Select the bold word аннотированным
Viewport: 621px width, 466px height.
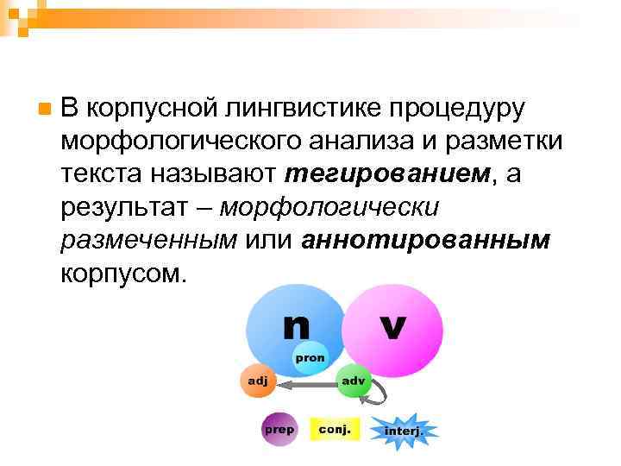point(426,241)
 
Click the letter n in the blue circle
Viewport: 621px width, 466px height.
point(295,326)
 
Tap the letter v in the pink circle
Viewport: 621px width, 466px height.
point(393,326)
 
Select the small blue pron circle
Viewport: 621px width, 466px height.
point(310,357)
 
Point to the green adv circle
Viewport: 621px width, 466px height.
point(352,380)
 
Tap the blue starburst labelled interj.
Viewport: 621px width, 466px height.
point(404,430)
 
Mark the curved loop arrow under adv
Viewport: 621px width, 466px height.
point(377,397)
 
